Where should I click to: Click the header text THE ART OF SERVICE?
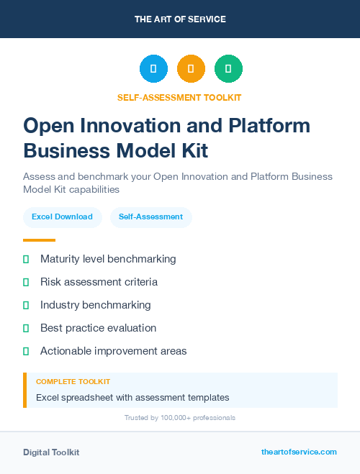[x=180, y=19]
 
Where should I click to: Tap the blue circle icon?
[x=153, y=69]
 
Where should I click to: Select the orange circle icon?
[x=191, y=69]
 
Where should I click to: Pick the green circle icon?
[x=228, y=69]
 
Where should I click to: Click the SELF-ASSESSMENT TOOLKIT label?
[x=180, y=97]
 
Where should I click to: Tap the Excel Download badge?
[x=62, y=217]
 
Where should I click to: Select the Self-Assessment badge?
[x=150, y=217]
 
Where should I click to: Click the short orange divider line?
[x=39, y=240]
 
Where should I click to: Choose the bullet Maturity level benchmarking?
[x=108, y=259]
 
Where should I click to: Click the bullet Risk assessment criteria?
[x=99, y=282]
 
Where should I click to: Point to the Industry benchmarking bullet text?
[x=95, y=305]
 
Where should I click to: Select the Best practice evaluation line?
[x=98, y=328]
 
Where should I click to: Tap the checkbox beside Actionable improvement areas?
[x=27, y=351]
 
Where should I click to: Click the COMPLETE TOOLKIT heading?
[x=73, y=381]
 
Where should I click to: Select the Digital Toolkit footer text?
[x=51, y=452]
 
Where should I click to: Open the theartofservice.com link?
[x=299, y=452]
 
